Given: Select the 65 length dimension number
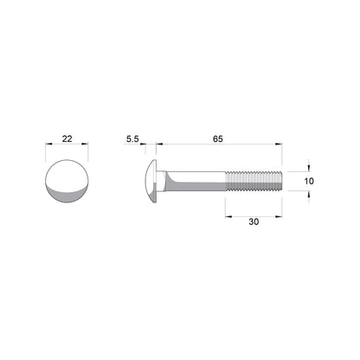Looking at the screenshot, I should [x=218, y=138].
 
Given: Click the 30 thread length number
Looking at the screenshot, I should [x=254, y=222].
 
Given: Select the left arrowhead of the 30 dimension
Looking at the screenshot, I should [x=229, y=213].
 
